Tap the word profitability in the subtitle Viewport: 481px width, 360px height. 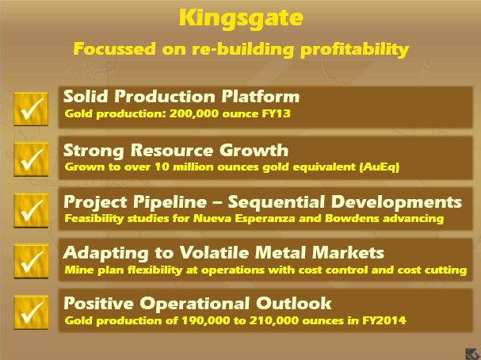click(x=354, y=49)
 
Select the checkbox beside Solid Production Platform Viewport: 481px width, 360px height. click(x=31, y=109)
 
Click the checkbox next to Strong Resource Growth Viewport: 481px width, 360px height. click(x=31, y=159)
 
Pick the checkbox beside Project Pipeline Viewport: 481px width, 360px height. click(x=31, y=211)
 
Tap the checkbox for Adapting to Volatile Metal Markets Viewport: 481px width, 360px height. click(x=31, y=262)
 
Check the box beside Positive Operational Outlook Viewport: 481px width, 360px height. click(x=31, y=312)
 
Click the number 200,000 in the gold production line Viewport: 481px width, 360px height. click(x=194, y=114)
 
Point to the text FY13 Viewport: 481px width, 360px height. click(x=276, y=114)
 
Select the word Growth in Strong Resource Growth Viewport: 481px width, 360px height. click(x=254, y=151)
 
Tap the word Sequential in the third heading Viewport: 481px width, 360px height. click(x=276, y=202)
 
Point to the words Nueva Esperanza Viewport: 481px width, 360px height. click(x=244, y=219)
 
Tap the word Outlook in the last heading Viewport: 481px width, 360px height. click(x=294, y=303)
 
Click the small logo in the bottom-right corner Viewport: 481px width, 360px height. click(x=471, y=354)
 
